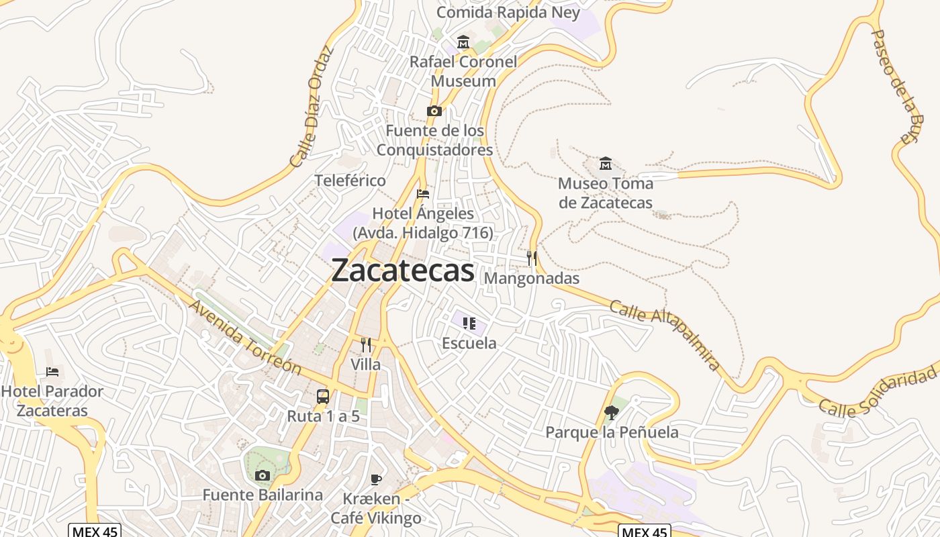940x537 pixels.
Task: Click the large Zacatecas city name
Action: [x=403, y=271]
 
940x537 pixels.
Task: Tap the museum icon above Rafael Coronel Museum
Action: [x=463, y=42]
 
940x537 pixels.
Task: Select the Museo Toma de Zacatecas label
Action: [x=606, y=193]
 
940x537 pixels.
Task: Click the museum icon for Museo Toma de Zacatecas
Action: [x=606, y=163]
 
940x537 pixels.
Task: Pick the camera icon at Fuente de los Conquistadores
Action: [x=434, y=111]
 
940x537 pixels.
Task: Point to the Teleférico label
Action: [x=350, y=181]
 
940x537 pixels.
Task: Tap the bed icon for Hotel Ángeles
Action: [x=423, y=194]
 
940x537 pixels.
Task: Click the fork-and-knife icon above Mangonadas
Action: [x=531, y=258]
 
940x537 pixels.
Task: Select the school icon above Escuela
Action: [x=469, y=324]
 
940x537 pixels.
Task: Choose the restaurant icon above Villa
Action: [x=366, y=345]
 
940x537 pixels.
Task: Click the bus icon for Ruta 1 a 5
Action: [x=323, y=396]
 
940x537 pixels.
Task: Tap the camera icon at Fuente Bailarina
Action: [x=263, y=475]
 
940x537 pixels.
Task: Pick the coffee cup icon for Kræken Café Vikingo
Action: [x=376, y=479]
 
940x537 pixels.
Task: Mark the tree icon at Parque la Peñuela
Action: [x=611, y=412]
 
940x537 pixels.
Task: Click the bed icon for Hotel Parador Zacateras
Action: [x=52, y=371]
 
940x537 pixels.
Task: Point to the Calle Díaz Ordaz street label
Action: [x=312, y=107]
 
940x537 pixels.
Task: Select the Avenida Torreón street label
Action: [x=244, y=336]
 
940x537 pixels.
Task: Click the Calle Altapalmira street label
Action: [x=665, y=336]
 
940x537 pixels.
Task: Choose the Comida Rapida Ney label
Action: [x=508, y=12]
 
